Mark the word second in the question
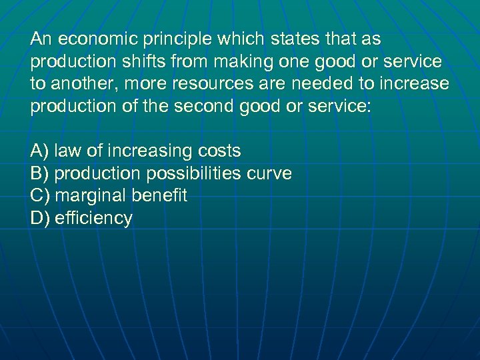tap(219, 107)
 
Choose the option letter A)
tap(40, 151)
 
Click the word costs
tap(219, 151)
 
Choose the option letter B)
tap(40, 174)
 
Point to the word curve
tap(269, 174)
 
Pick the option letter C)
tap(40, 196)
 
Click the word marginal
tap(91, 196)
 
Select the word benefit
tap(159, 196)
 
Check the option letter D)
tap(40, 219)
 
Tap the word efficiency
tap(93, 219)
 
